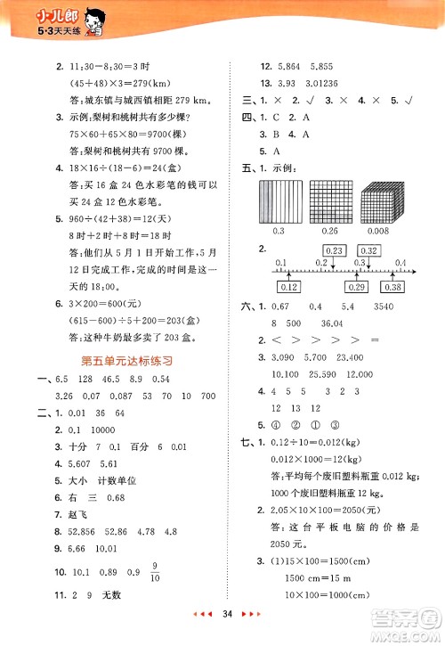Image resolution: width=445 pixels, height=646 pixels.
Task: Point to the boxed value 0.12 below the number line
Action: (x=288, y=286)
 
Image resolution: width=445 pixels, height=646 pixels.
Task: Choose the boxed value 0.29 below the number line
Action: (x=357, y=286)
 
